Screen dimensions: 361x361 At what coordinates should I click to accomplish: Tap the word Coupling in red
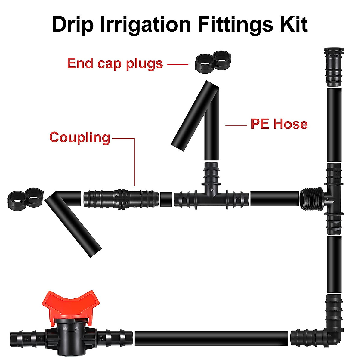point(80,137)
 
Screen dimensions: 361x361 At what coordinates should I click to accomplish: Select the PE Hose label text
point(279,124)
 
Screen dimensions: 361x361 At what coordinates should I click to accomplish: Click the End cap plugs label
point(115,63)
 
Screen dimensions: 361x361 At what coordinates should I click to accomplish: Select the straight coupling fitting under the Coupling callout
point(121,199)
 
